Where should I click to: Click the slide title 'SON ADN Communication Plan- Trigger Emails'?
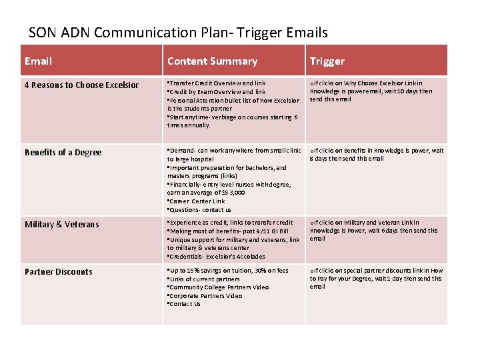[x=179, y=32]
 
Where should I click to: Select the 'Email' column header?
[x=38, y=61]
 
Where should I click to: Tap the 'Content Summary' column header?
[x=212, y=61]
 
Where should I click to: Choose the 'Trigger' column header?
[x=327, y=61]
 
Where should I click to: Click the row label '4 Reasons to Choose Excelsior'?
[x=82, y=85]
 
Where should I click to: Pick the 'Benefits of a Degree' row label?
[x=63, y=152]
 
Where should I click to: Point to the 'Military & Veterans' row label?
[x=61, y=224]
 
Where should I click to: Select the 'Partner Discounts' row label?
[x=59, y=271]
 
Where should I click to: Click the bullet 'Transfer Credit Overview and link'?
[x=217, y=83]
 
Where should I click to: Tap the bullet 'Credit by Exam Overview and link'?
[x=217, y=92]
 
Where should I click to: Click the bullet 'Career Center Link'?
[x=197, y=201]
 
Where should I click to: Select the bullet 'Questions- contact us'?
[x=200, y=210]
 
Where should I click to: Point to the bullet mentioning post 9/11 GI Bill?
[x=228, y=231]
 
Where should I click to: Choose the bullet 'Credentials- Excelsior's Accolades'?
[x=217, y=256]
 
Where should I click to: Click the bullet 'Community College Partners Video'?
[x=219, y=287]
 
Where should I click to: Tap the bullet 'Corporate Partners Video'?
[x=205, y=295]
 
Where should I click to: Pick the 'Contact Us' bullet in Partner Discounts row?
[x=185, y=304]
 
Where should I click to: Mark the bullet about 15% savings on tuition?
[x=228, y=271]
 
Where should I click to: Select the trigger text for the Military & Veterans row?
[x=375, y=231]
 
